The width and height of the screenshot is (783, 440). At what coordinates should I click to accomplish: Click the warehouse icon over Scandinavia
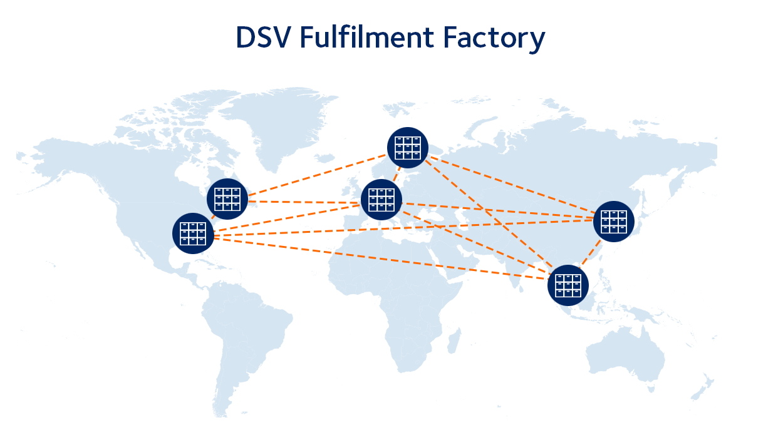pos(408,148)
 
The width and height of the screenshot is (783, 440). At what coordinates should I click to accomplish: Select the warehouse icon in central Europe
pos(381,200)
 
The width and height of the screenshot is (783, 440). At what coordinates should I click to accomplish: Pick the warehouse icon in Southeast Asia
pos(568,285)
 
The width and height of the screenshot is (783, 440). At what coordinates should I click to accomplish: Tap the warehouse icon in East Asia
pos(614,222)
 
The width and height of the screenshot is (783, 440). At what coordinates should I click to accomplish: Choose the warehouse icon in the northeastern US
pos(227,199)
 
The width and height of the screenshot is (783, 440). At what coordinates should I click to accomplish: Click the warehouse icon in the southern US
pos(193,233)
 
